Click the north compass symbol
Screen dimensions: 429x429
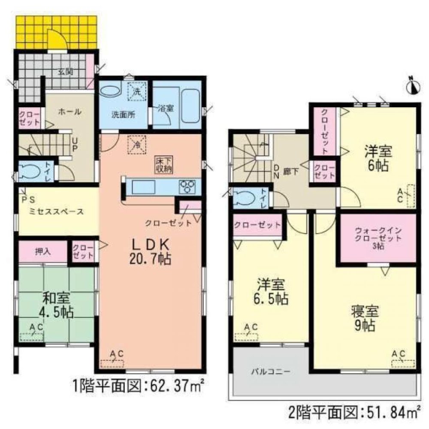412,85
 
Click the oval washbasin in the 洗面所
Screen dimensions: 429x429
110,91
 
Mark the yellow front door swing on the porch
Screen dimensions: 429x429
57,40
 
